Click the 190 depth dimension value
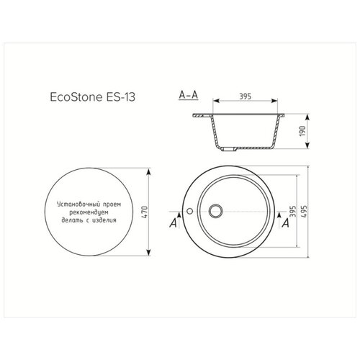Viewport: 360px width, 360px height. point(313,131)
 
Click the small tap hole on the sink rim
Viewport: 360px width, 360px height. point(189,211)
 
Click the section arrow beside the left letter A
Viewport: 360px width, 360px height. point(175,214)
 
